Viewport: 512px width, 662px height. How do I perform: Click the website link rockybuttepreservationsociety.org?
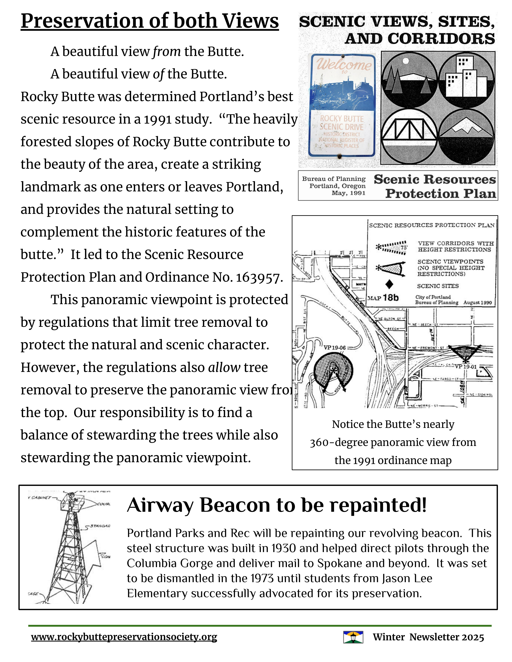coord(124,637)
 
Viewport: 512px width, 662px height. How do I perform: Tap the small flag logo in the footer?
coord(353,637)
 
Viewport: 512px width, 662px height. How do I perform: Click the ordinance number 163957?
coord(257,278)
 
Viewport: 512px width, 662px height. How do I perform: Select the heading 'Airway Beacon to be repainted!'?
coord(277,505)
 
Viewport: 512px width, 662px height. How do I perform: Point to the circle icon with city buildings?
coord(466,79)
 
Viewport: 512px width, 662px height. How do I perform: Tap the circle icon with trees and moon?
coord(409,79)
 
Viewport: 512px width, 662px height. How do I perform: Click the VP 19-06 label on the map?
coord(335,347)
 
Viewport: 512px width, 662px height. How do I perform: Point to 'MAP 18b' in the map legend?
coord(383,298)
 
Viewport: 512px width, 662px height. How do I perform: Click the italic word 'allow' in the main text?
coord(224,367)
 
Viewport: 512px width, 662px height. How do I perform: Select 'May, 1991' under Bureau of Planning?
coord(349,193)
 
